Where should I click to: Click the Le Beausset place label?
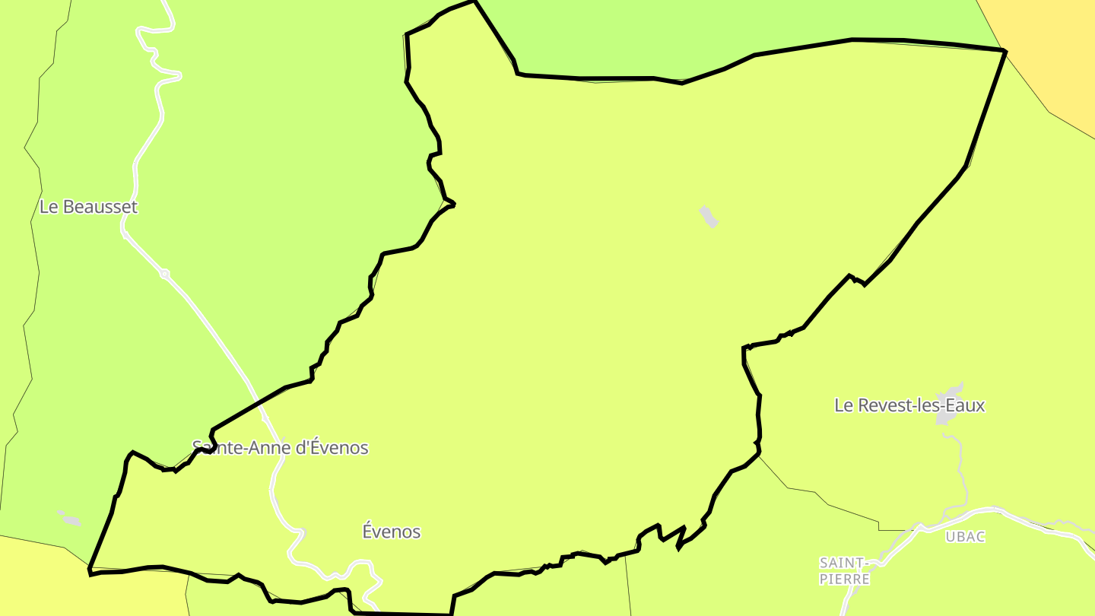click(88, 207)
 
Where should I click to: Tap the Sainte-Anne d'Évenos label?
click(280, 448)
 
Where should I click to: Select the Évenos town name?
click(392, 532)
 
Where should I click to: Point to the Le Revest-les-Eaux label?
click(909, 405)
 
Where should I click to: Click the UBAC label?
click(965, 536)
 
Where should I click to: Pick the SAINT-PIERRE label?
click(844, 571)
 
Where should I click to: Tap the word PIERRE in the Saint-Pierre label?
click(844, 579)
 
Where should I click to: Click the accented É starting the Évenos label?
click(367, 531)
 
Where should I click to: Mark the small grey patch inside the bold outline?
click(709, 216)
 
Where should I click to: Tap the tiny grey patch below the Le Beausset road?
click(69, 519)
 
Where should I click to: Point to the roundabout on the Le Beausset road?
click(164, 274)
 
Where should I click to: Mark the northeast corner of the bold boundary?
click(1005, 51)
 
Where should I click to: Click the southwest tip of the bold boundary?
click(90, 570)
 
